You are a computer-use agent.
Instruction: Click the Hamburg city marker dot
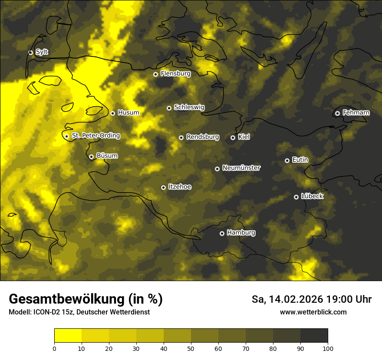[x=222, y=233]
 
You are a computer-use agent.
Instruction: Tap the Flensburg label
[x=175, y=74]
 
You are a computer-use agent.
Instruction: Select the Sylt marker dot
[x=31, y=52]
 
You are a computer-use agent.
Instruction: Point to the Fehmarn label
[x=356, y=113]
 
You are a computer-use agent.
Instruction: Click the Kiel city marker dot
[x=233, y=137]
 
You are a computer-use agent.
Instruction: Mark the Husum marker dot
[x=112, y=113]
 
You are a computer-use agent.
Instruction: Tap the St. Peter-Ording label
[x=95, y=136]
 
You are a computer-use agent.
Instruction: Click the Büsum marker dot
[x=91, y=157]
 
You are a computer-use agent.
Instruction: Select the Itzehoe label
[x=180, y=187]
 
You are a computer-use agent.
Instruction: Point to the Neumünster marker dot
[x=217, y=169]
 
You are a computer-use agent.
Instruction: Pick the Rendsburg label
[x=202, y=137]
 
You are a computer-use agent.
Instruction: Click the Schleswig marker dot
[x=169, y=108]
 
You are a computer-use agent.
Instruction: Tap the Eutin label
[x=300, y=160]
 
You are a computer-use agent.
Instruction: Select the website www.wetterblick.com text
[x=313, y=312]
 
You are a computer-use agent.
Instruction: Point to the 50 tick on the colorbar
[x=191, y=348]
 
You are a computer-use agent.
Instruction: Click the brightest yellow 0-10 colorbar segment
[x=68, y=336]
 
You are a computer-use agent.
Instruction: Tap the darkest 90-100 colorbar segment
[x=314, y=336]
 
